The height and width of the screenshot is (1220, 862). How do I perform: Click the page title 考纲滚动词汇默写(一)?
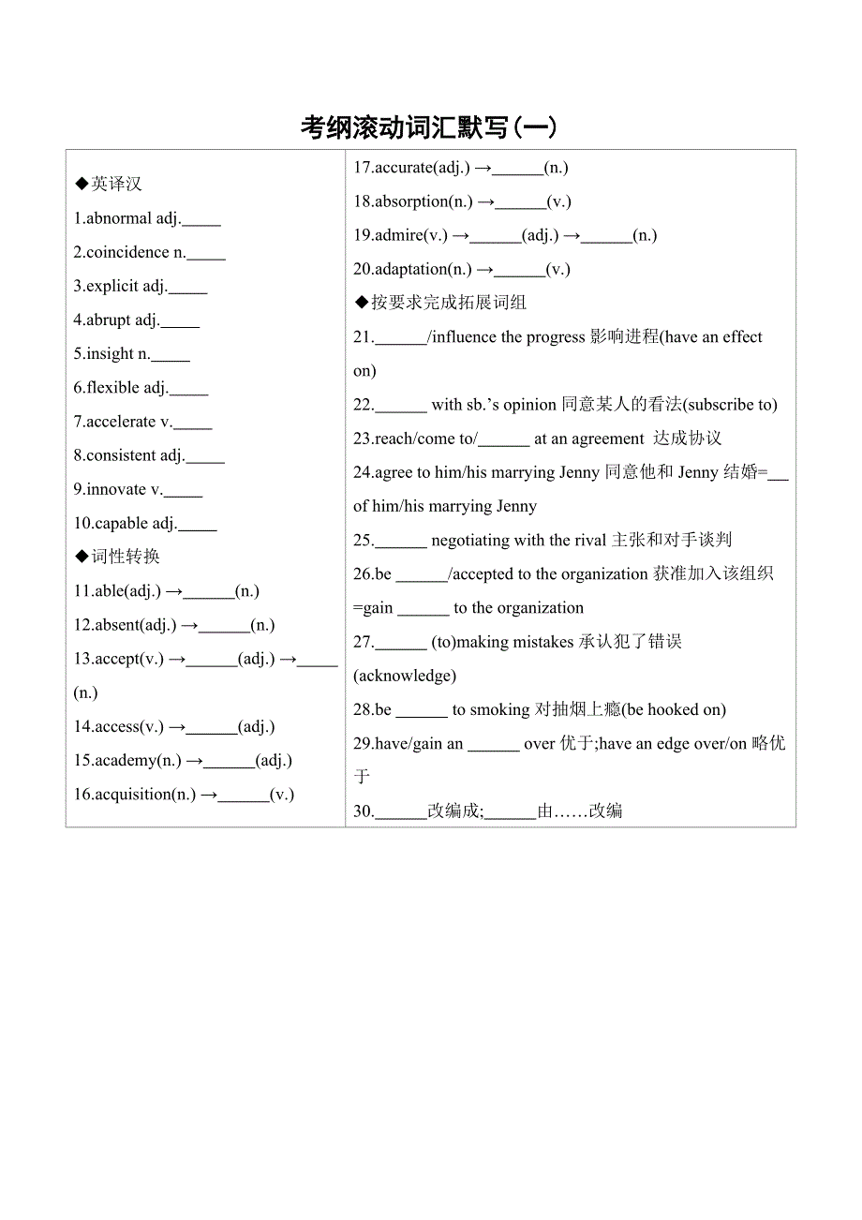[429, 127]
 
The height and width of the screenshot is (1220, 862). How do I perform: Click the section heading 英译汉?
[116, 185]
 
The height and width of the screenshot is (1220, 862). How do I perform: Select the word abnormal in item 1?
[119, 219]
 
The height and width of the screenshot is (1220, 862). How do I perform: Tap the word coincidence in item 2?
[127, 253]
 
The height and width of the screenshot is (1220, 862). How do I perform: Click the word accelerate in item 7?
[121, 422]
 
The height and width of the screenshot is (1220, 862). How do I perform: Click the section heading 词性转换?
[125, 557]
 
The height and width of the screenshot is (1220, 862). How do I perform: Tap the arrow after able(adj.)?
[173, 591]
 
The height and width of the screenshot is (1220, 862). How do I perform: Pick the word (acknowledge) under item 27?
[405, 676]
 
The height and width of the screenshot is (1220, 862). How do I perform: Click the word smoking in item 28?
[499, 709]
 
